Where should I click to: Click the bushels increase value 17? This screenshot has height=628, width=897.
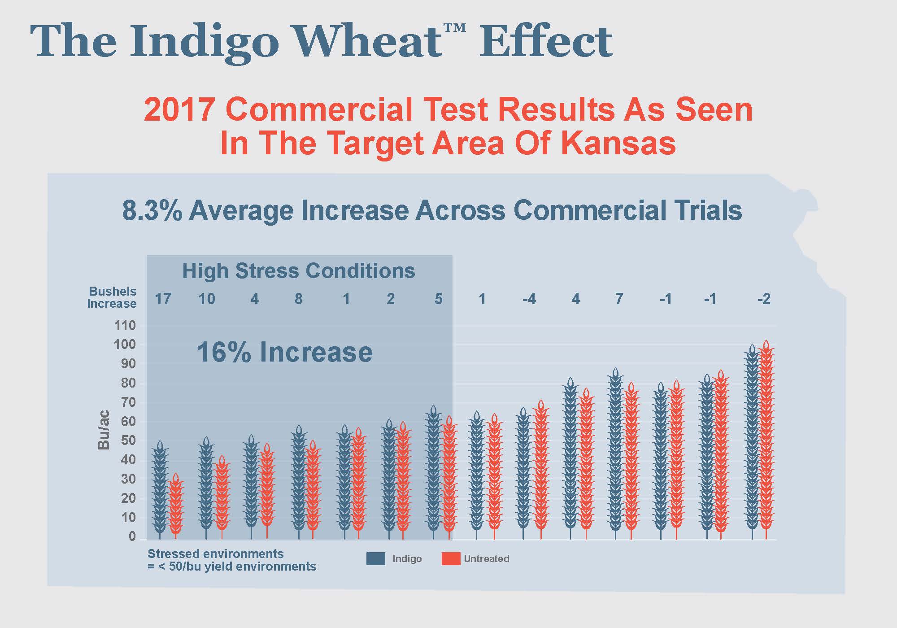[163, 299]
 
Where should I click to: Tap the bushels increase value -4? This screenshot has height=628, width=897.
[529, 299]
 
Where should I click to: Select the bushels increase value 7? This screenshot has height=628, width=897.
[619, 299]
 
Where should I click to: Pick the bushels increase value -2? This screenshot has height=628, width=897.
[764, 299]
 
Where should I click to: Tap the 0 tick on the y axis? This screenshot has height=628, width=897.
[132, 536]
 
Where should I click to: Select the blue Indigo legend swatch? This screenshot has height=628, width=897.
[375, 558]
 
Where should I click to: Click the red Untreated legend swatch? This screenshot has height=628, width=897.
[451, 558]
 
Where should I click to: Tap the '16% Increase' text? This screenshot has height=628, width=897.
[285, 352]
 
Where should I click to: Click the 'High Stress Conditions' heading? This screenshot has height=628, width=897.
[299, 271]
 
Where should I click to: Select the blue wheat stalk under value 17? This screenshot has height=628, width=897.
[160, 489]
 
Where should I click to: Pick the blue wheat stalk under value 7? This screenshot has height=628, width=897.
[615, 453]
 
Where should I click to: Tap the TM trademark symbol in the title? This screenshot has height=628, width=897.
[455, 28]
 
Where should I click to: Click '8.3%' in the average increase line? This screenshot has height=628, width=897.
[152, 211]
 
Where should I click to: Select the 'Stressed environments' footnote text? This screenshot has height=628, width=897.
[215, 554]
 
